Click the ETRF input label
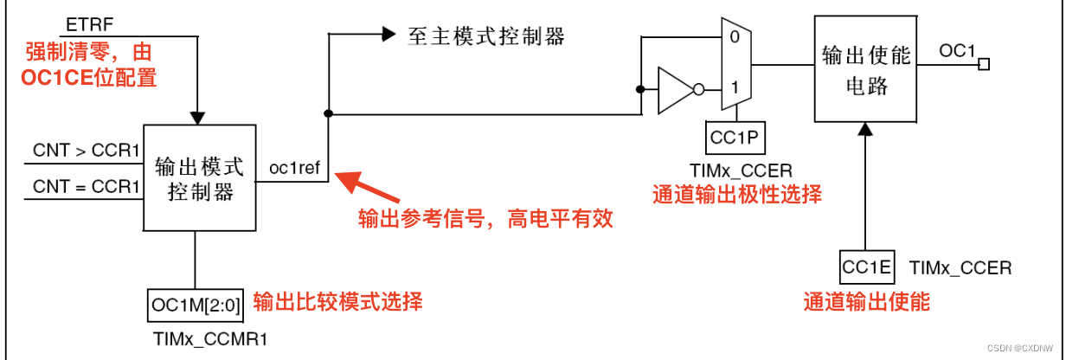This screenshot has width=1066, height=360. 84,20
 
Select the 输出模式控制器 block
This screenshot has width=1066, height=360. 199,177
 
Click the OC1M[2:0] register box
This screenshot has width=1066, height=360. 196,305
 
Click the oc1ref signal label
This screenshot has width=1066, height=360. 296,168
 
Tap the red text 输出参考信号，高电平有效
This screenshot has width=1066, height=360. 486,218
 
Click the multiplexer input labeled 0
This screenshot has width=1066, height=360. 735,37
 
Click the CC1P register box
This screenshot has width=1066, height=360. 735,137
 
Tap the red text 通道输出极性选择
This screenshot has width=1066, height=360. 735,194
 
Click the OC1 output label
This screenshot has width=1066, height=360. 958,52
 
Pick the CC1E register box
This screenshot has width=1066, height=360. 866,267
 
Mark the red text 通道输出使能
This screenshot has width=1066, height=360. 866,301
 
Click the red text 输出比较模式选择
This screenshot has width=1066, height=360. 337,302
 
